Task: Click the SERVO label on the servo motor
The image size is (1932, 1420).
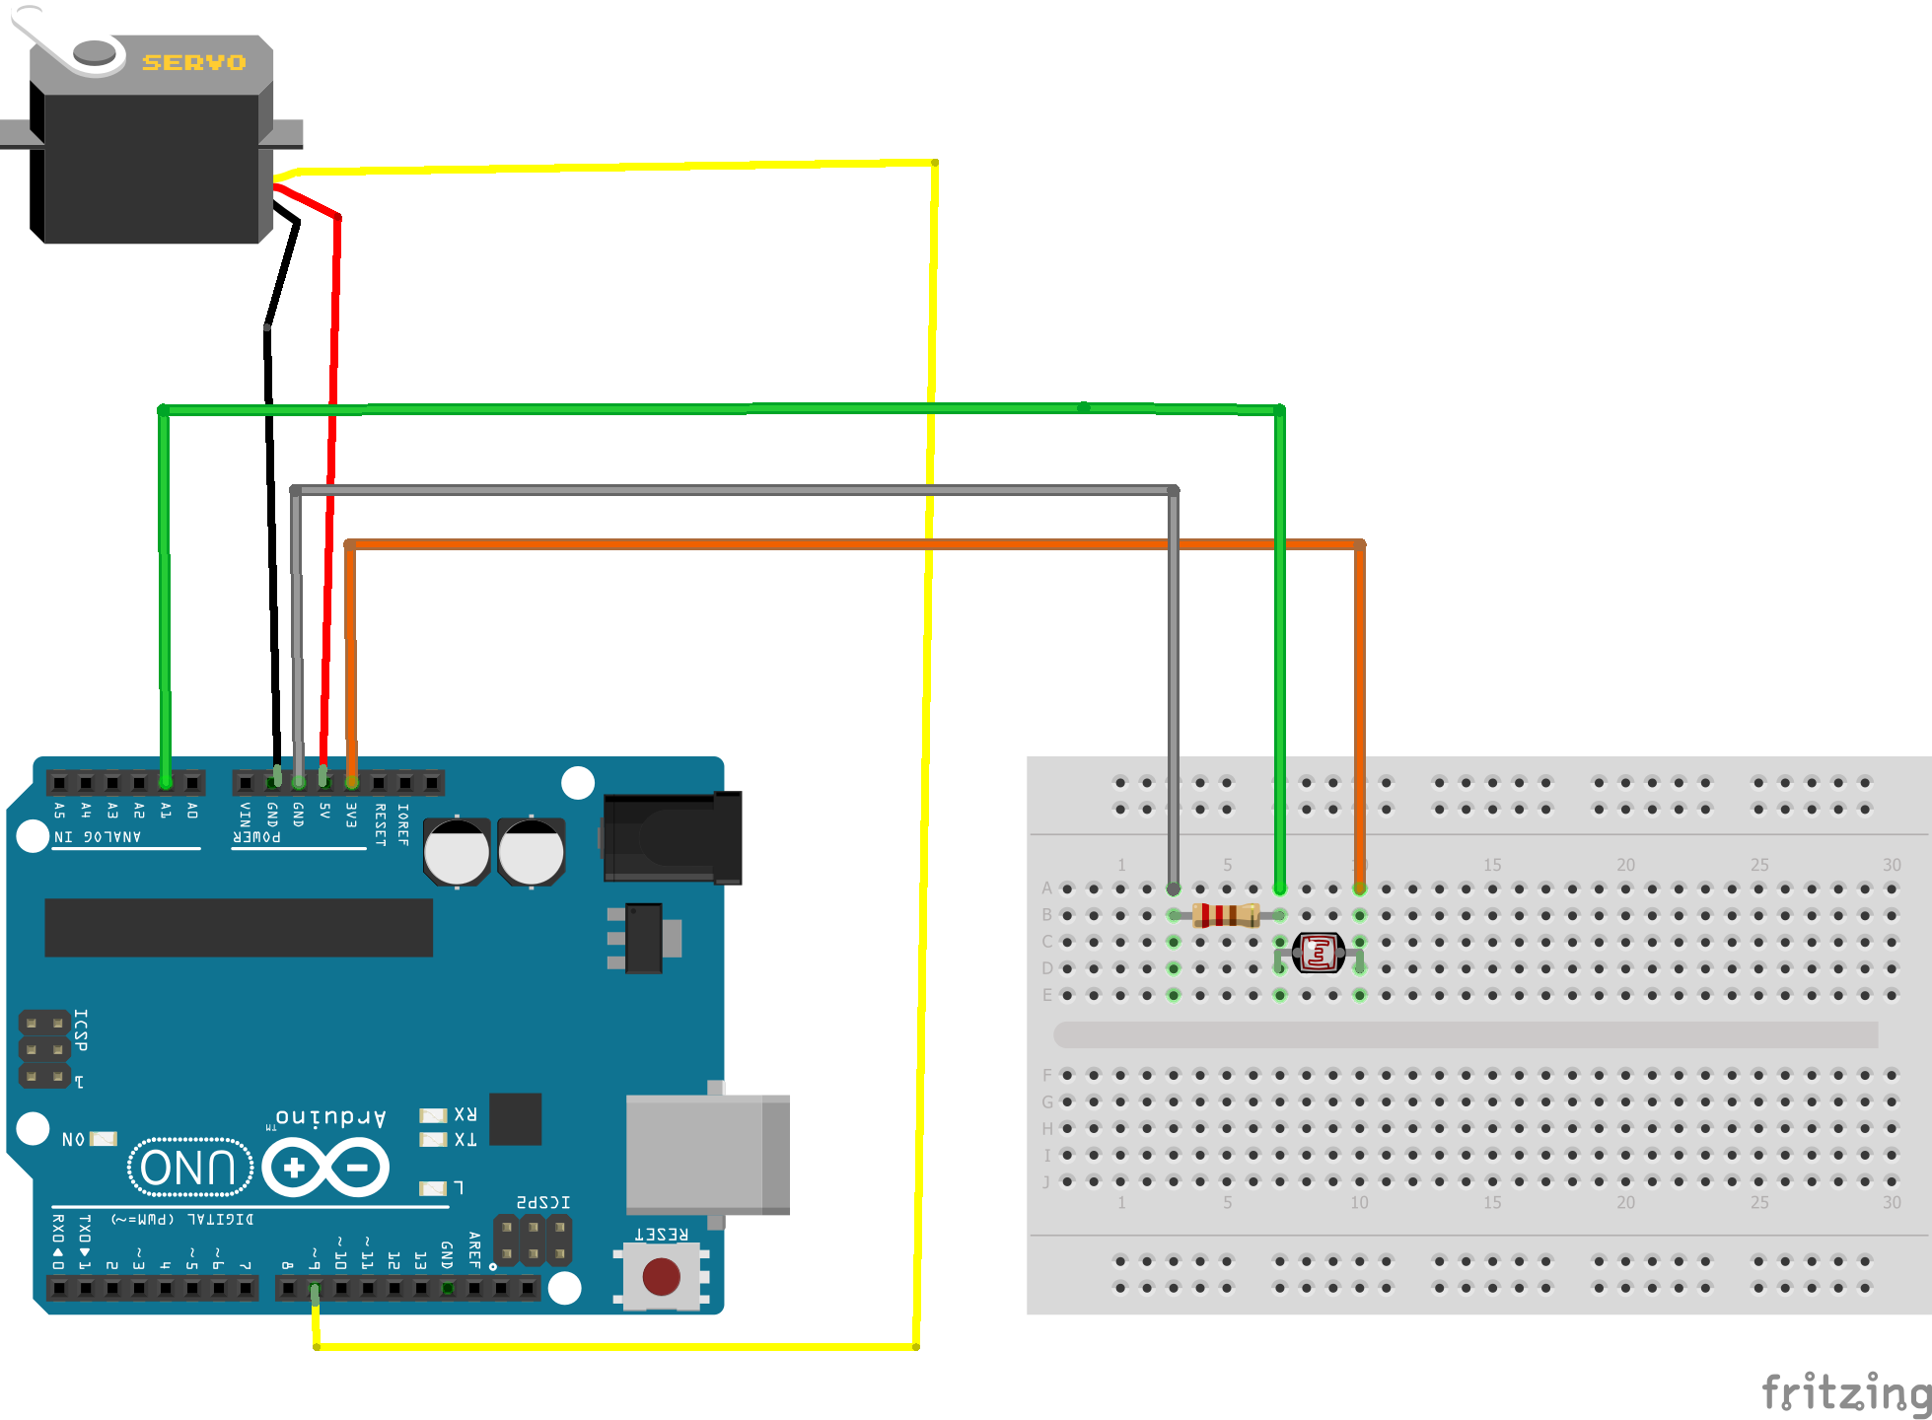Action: coord(193,62)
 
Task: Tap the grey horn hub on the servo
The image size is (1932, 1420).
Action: coord(95,51)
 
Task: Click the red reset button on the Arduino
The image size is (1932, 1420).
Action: coord(661,1276)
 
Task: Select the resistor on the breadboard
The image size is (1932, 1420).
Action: coord(1226,915)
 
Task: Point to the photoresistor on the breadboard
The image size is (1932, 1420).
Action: coord(1319,953)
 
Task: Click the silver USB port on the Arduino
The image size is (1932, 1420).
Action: coord(706,1154)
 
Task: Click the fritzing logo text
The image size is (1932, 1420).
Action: coord(1844,1392)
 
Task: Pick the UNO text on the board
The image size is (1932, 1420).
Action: coord(188,1168)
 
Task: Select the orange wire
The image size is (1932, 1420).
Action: coord(848,543)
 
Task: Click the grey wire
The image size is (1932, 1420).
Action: coord(730,489)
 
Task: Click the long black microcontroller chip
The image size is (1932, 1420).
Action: coord(239,927)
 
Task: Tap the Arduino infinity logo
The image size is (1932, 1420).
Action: coord(326,1168)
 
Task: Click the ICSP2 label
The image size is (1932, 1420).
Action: coord(543,1202)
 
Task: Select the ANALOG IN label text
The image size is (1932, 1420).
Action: coord(98,836)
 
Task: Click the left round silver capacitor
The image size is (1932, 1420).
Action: coord(457,852)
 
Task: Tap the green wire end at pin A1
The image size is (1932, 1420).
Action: coord(166,781)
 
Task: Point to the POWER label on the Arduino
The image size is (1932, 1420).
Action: coord(256,836)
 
